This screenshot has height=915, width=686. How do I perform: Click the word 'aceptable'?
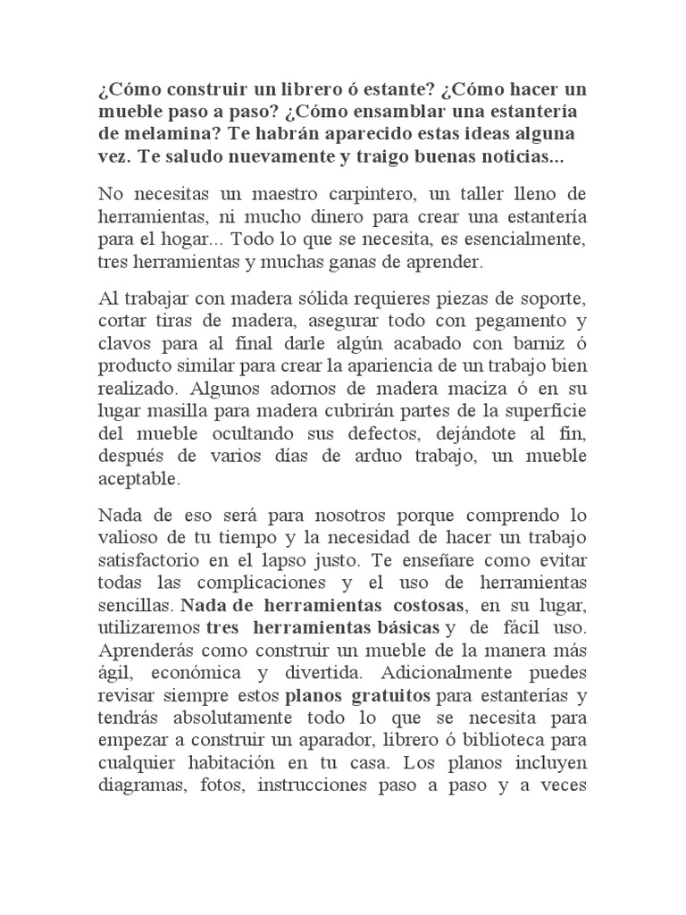click(138, 479)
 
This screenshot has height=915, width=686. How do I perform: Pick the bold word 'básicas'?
click(392, 629)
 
